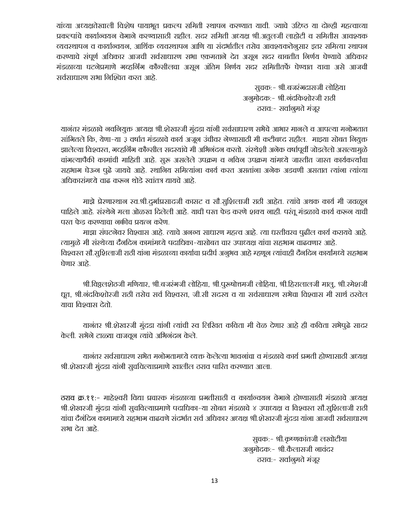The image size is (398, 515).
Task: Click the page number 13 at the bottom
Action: click(x=214, y=481)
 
